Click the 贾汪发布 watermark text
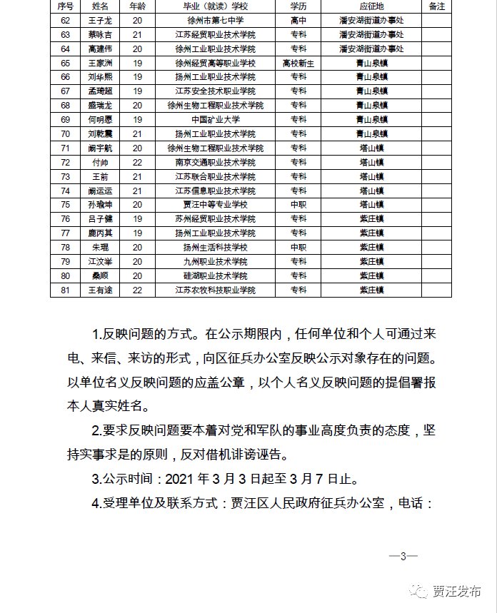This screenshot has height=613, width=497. pyautogui.click(x=456, y=592)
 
